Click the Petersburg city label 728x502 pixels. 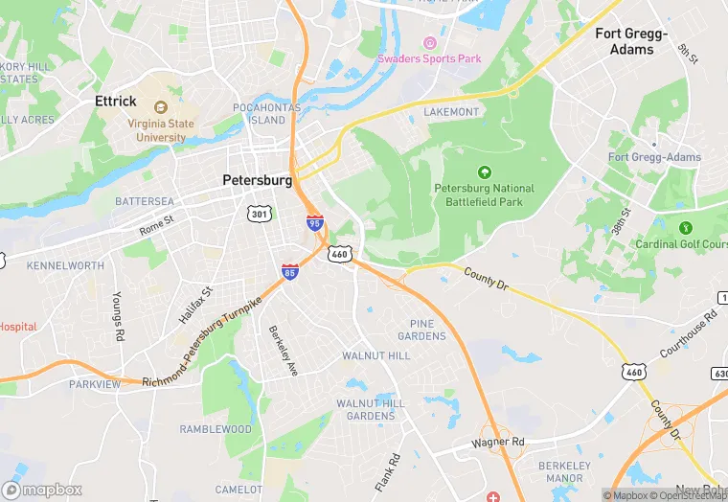point(257,180)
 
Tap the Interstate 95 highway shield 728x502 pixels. point(314,222)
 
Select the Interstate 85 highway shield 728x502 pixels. point(289,272)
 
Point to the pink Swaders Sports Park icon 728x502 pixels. point(429,43)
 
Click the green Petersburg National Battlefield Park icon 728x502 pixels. point(484,172)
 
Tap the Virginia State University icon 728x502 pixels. point(159,103)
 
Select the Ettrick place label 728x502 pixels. point(116,101)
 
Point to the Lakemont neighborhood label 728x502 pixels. point(451,112)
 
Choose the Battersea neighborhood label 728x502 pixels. point(145,202)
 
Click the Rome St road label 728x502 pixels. point(157,224)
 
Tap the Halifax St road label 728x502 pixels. point(195,304)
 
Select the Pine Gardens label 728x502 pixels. point(422,331)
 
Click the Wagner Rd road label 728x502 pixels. point(498,444)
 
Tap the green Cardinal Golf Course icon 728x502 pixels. point(685,228)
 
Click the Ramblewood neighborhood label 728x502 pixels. point(216,429)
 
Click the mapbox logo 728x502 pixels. point(42,490)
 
